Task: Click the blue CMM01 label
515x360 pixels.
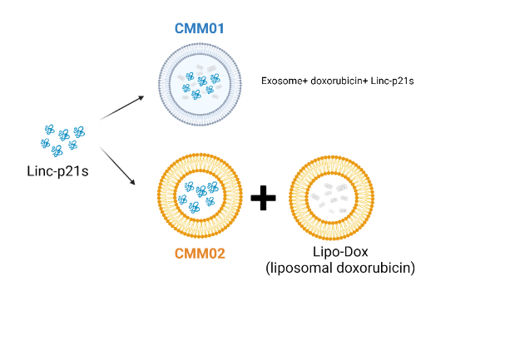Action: (x=199, y=28)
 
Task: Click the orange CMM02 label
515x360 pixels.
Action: (x=200, y=254)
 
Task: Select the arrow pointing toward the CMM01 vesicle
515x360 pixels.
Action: (x=122, y=107)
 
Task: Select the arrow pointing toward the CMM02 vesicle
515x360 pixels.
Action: (x=117, y=165)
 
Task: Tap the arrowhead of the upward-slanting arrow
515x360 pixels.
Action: (x=142, y=97)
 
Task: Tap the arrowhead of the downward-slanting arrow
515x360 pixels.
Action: (x=133, y=182)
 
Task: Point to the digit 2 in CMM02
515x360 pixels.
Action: (x=220, y=254)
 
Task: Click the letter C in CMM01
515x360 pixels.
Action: (x=179, y=28)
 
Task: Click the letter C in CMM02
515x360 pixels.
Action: (x=179, y=254)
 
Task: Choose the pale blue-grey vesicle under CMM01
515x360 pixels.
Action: (x=200, y=83)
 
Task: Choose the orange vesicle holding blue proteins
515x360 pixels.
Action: (x=200, y=196)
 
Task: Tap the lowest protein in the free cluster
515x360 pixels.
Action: (x=57, y=151)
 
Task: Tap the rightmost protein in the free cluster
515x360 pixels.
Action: (x=79, y=131)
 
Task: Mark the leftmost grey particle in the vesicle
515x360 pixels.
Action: (x=315, y=197)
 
